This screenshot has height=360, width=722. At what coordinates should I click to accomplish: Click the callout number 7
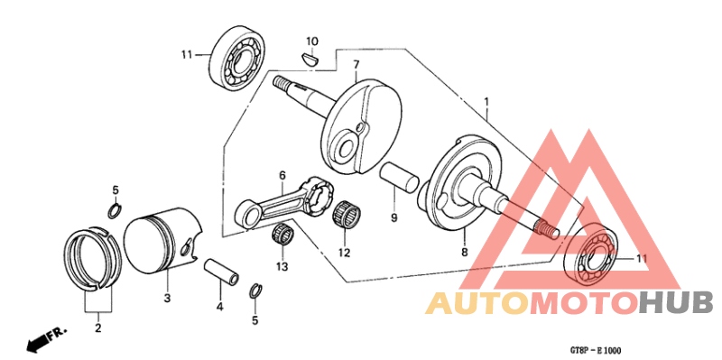pos(356,65)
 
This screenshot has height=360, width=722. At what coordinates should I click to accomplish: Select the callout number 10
pos(312,41)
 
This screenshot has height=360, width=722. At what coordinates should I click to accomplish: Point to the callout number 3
pos(167,297)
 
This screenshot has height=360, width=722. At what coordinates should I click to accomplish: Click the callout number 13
pos(282,267)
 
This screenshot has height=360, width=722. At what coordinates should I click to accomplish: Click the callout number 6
pos(282,176)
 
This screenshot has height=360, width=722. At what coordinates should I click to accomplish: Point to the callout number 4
pos(219,308)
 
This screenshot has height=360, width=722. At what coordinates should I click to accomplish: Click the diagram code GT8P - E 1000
pos(595,350)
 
